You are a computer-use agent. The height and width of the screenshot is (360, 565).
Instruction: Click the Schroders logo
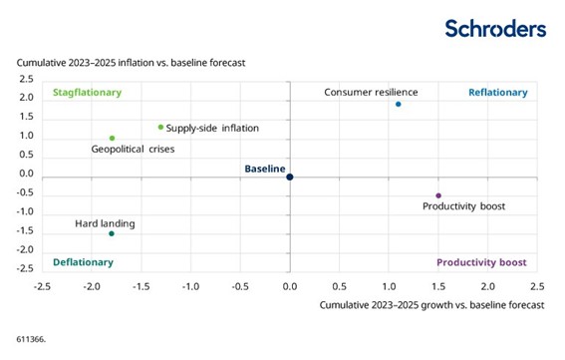coord(495,28)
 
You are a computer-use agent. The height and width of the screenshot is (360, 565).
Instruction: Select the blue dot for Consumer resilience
coord(399,104)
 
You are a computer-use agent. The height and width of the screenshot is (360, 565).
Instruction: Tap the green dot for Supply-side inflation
coord(160,127)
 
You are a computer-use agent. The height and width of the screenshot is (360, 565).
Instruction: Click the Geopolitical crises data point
coord(112,139)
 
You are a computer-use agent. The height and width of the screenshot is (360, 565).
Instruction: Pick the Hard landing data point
coord(112,233)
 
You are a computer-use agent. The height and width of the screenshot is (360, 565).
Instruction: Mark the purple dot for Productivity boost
coord(437,195)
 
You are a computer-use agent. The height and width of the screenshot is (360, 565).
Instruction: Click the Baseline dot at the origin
coord(290,177)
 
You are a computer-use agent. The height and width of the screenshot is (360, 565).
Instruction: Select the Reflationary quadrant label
coord(497,93)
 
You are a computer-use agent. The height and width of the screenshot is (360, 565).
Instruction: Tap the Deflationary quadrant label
coord(82,262)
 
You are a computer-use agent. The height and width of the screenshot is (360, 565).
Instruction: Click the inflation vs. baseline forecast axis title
coord(130,63)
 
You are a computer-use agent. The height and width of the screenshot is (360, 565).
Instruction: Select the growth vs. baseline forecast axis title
coord(431,304)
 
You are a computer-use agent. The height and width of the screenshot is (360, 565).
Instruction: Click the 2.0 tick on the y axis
coord(27,98)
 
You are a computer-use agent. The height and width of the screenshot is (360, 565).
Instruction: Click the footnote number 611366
coord(31,339)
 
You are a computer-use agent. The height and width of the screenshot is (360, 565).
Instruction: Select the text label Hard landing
coord(105,224)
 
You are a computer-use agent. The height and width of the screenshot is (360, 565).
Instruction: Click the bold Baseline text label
coord(265,169)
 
